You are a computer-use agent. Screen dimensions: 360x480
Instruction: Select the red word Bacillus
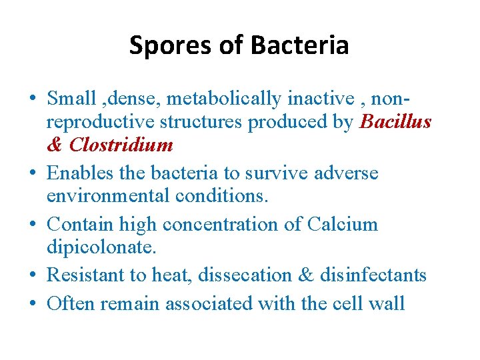click(x=395, y=123)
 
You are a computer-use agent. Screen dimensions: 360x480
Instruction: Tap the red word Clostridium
click(x=121, y=145)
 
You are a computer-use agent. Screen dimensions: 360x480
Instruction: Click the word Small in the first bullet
click(x=72, y=99)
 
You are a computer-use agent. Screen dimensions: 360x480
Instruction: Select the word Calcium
click(x=343, y=225)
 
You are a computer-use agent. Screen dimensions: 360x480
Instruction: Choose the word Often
click(x=71, y=304)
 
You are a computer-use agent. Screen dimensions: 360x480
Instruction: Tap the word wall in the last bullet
click(x=387, y=304)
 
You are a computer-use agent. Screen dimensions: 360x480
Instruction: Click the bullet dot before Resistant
click(x=33, y=276)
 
